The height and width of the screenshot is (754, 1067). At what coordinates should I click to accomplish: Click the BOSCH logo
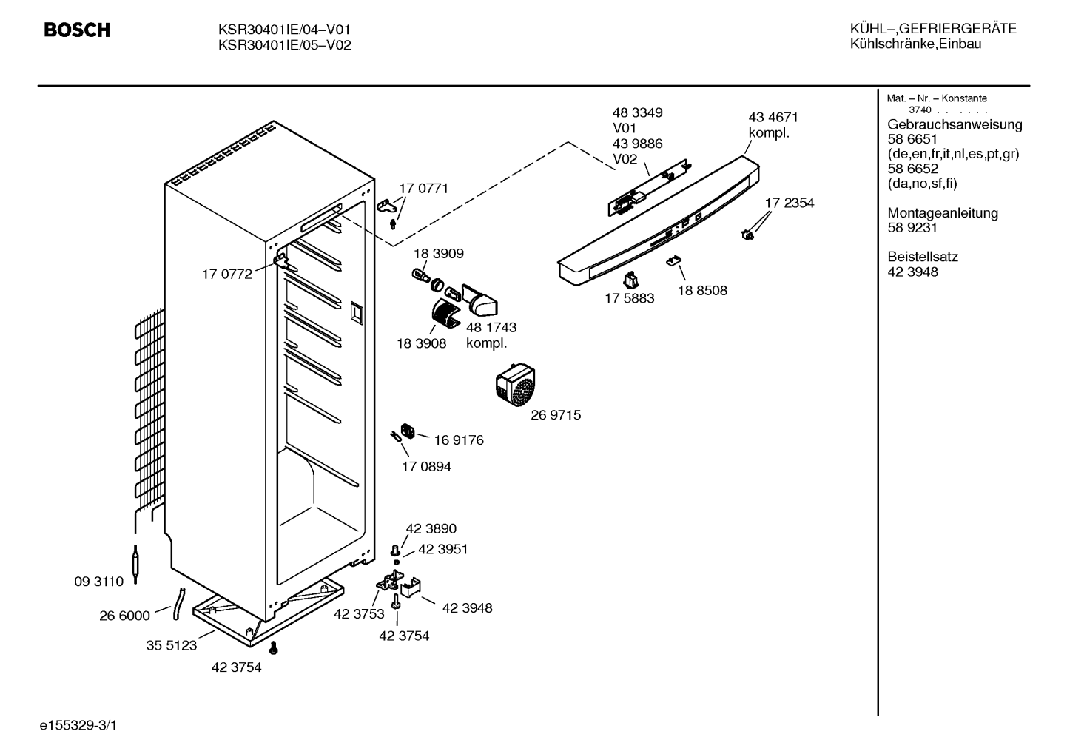pos(77,30)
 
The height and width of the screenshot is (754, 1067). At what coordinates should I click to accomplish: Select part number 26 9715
pos(556,415)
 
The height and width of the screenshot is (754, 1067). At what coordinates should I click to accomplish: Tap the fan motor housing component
pos(516,384)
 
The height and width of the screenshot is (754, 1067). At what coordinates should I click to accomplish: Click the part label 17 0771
pos(423,189)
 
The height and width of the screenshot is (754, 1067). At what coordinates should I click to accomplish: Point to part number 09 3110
pos(98,581)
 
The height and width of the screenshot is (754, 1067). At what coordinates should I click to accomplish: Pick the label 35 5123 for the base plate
pos(172,645)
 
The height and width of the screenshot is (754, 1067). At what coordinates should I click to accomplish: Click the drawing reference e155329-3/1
pos(78,725)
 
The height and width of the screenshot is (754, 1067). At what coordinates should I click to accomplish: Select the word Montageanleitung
pos(942,213)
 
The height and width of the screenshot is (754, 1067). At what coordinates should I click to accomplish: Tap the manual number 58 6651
pos(912,139)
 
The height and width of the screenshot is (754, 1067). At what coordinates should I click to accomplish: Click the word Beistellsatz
pos(923,257)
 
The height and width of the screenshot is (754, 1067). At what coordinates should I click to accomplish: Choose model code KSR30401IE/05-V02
pos(284,45)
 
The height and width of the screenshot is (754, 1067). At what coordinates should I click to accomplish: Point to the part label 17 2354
pos(790,203)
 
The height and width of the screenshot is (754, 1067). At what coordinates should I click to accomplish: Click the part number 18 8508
pos(702,291)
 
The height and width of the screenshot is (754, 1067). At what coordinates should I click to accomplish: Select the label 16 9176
pos(458,440)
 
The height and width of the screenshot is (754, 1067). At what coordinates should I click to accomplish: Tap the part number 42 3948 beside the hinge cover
pos(467,607)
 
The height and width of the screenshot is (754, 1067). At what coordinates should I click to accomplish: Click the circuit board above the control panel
pos(649,188)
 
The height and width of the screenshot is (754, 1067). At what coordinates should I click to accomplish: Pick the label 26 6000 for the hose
pos(124,616)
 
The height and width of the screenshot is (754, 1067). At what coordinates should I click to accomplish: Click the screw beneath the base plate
pos(274,647)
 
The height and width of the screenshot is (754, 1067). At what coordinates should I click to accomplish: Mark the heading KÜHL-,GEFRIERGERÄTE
pos(933,29)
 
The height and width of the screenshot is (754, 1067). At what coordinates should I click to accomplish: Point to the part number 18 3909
pos(438,253)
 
